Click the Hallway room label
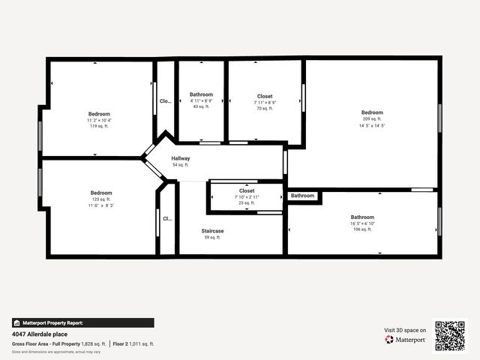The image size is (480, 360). (181, 158)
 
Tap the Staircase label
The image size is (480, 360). (212, 231)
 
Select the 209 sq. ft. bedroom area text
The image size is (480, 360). (372, 119)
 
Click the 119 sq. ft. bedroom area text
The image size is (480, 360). (99, 126)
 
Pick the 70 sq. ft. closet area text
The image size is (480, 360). (265, 109)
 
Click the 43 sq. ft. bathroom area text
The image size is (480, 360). (202, 106)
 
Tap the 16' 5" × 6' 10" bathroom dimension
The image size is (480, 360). (362, 223)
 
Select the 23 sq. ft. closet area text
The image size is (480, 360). (247, 202)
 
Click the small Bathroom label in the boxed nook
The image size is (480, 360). (303, 196)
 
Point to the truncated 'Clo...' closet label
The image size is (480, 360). (165, 100)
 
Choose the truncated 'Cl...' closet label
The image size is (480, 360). (167, 219)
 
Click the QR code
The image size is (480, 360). (450, 335)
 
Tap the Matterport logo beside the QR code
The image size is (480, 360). (406, 340)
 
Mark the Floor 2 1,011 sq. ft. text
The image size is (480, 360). (133, 343)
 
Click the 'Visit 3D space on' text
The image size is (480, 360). (405, 330)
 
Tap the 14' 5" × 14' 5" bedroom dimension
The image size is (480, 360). (372, 125)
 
